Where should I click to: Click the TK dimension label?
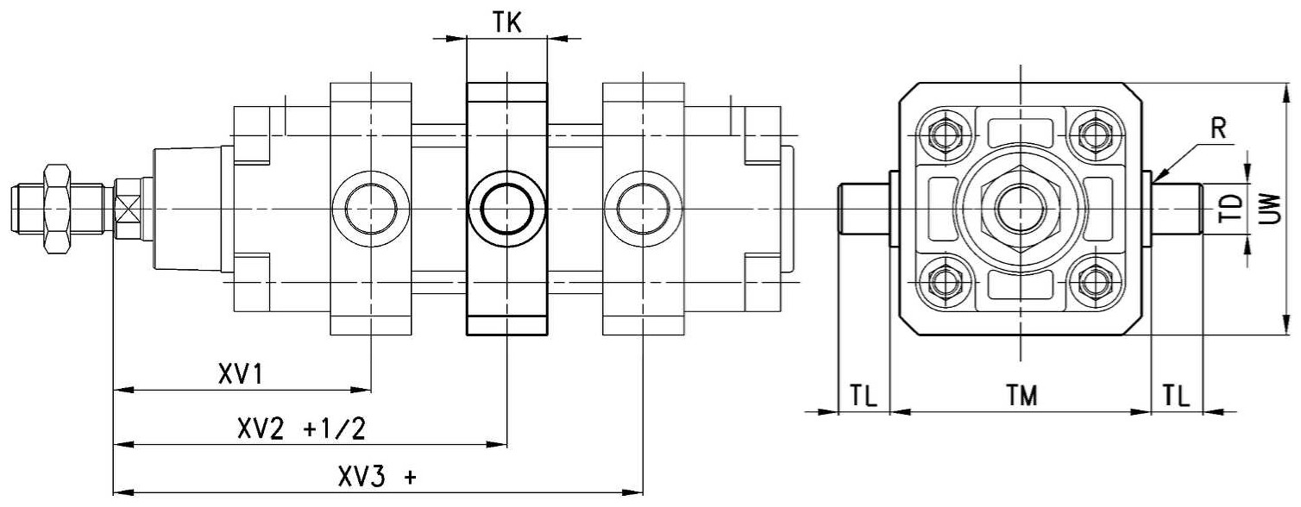(x=507, y=22)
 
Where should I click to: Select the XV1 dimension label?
(x=241, y=374)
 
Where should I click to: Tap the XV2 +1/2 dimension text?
(x=301, y=429)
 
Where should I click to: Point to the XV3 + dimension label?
(x=377, y=478)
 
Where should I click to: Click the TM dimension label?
(x=1021, y=396)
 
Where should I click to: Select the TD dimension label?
(x=1231, y=209)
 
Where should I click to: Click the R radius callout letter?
(x=1218, y=129)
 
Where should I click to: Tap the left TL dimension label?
(x=864, y=396)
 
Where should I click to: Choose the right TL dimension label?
(x=1176, y=396)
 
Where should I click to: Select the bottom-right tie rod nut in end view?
(x=1096, y=284)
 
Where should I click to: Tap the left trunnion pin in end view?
(x=864, y=209)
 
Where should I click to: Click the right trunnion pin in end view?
(x=1177, y=209)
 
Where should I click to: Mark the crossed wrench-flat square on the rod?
(x=127, y=209)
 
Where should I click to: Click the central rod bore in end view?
(x=1021, y=209)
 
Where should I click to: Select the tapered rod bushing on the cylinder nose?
(x=187, y=209)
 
